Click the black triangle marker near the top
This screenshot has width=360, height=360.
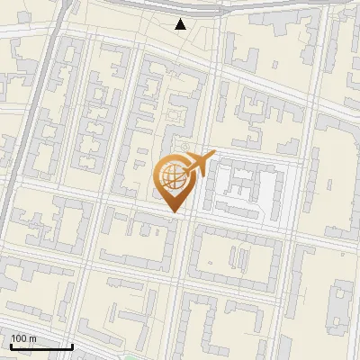tap(181, 24)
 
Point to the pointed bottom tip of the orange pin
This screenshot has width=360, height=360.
tap(175, 212)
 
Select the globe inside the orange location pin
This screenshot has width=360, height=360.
tap(173, 177)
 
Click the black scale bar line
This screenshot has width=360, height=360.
tap(41, 346)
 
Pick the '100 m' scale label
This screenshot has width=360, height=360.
tap(24, 338)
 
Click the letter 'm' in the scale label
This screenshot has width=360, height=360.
tap(32, 338)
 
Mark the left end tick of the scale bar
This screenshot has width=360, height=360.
tap(10, 345)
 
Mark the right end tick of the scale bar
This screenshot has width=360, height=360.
tap(73, 345)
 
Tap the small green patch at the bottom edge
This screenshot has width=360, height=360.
tap(135, 356)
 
